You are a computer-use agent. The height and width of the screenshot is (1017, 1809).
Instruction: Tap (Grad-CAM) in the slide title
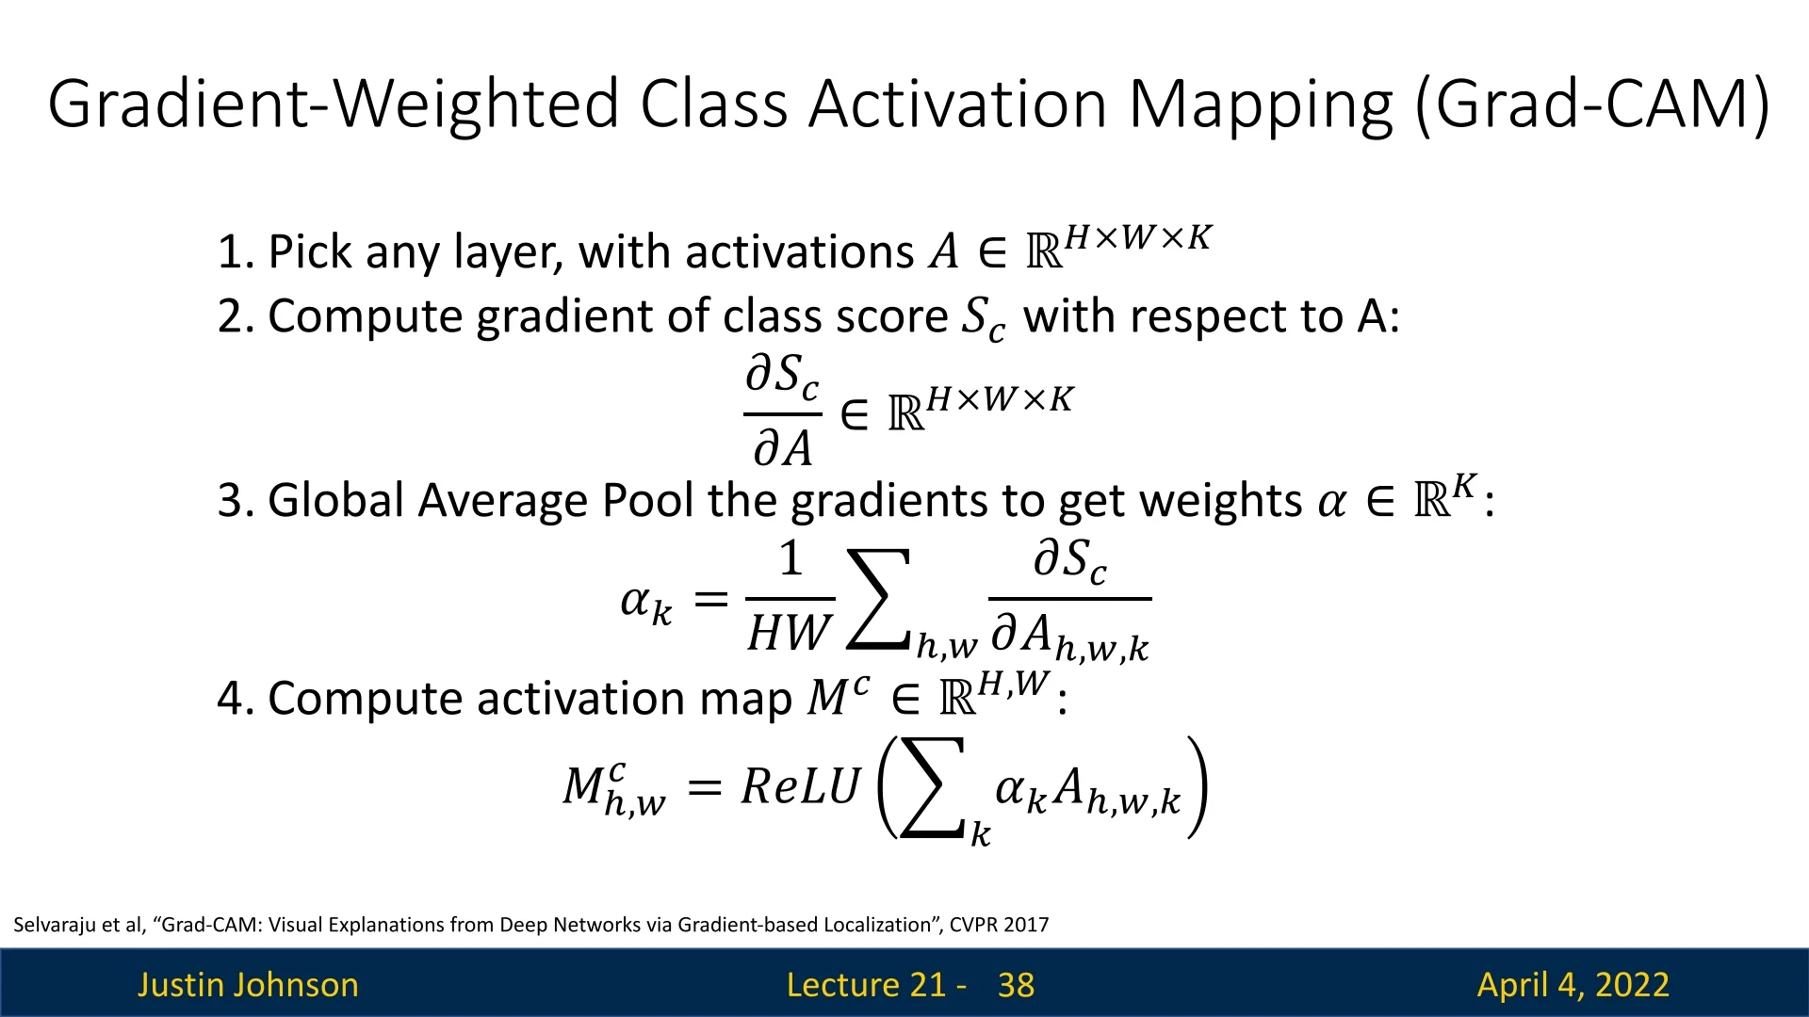tap(1592, 105)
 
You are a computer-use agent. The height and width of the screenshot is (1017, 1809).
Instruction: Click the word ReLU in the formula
tap(801, 787)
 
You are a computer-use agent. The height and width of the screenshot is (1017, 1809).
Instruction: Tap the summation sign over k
tap(933, 787)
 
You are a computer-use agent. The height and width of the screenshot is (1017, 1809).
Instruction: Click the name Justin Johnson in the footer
tap(248, 985)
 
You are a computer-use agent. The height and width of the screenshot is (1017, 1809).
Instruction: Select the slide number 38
tap(1016, 985)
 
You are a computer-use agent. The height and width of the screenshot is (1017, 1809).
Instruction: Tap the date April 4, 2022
tap(1573, 985)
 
